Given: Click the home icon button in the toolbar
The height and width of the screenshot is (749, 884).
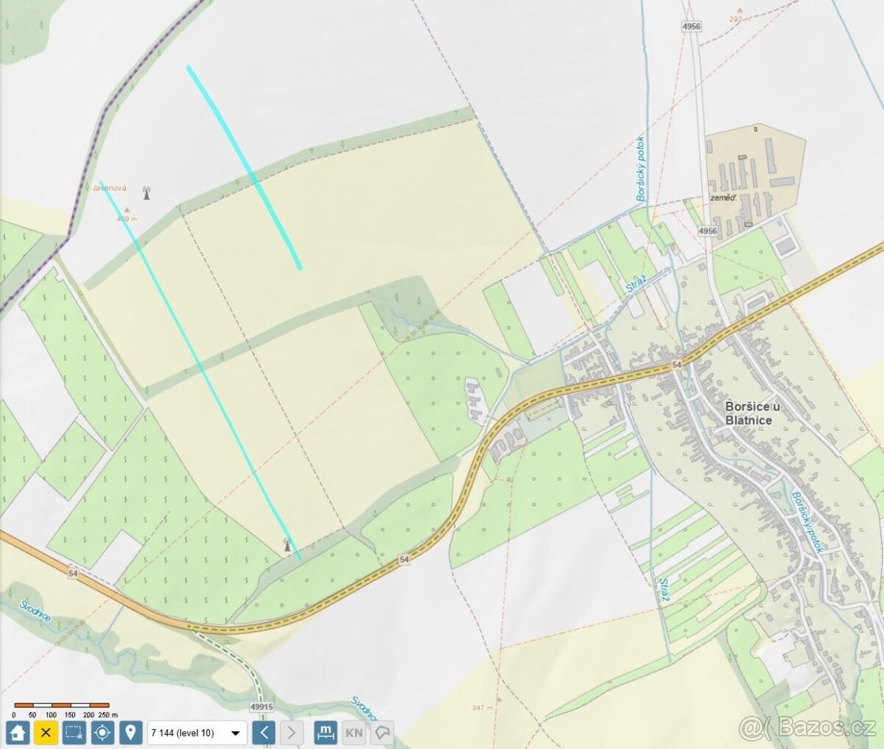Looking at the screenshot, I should tap(18, 732).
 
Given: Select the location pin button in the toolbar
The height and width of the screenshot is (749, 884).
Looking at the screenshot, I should tap(131, 732).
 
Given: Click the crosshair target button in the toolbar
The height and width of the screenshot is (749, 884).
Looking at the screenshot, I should tap(102, 732).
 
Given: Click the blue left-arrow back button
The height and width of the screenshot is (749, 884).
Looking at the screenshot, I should tap(264, 732).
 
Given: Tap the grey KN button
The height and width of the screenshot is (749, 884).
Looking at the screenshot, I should tap(354, 733).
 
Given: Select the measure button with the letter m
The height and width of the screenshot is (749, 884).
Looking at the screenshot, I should tap(324, 732).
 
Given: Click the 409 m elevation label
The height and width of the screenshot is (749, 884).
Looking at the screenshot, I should tap(127, 219).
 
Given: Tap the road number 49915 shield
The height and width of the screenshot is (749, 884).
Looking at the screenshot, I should tap(262, 706).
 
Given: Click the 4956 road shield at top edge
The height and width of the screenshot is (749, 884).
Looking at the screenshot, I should tap(691, 26).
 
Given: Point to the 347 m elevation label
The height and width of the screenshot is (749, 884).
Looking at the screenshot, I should tap(483, 708).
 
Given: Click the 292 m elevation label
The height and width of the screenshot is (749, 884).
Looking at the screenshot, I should tap(740, 20).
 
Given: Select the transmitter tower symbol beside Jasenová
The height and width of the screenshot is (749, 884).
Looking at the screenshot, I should tap(146, 194).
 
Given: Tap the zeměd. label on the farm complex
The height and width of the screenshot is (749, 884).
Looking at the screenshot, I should tap(723, 198).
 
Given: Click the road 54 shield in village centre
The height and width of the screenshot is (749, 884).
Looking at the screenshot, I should tap(676, 365).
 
